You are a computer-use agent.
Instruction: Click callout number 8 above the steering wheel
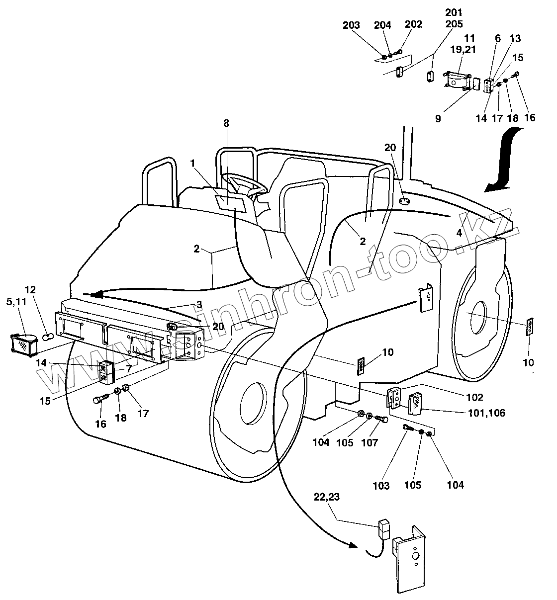226,123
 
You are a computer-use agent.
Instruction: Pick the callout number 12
30,289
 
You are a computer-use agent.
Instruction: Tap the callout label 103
381,485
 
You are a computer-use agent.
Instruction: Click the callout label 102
474,397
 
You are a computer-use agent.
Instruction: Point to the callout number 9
438,119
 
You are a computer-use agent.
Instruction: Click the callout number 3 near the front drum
198,304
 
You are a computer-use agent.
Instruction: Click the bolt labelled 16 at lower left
100,400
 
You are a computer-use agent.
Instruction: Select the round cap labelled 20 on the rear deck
404,202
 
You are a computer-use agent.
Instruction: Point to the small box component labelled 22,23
384,529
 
